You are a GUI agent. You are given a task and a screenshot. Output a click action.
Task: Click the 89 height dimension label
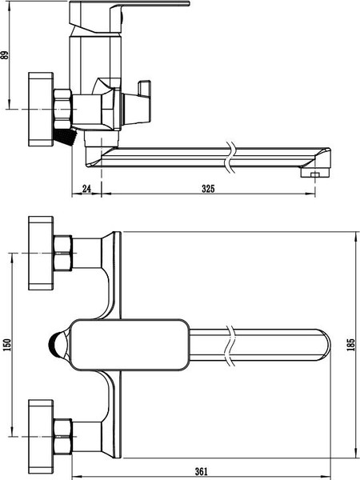point(5,54)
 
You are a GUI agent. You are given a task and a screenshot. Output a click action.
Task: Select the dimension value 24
point(87,190)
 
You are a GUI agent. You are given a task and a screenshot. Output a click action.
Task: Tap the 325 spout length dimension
point(208,190)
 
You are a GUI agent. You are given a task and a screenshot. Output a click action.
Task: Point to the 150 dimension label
point(7,345)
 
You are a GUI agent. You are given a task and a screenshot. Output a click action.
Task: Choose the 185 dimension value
point(350,345)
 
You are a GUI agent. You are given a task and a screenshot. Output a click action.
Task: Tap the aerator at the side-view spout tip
point(314,171)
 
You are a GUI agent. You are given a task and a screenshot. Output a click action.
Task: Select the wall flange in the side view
point(38,109)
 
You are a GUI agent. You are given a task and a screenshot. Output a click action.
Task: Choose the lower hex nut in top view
point(62,437)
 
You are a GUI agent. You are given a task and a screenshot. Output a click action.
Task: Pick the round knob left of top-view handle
point(54,345)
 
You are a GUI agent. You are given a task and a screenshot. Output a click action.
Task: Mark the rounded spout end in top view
point(320,345)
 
